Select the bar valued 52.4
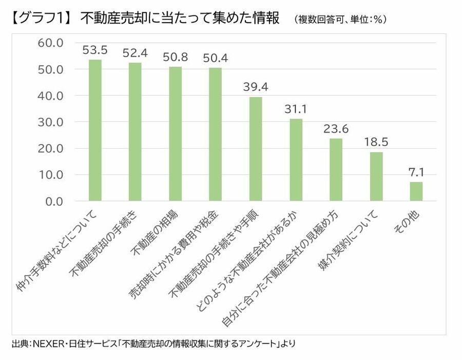click(135, 132)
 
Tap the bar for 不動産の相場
click(176, 134)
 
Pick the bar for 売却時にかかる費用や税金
click(216, 134)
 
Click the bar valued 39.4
click(256, 149)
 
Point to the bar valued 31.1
click(296, 159)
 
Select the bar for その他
click(416, 191)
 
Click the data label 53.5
click(95, 50)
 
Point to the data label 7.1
click(416, 172)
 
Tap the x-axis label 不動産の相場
click(160, 233)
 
